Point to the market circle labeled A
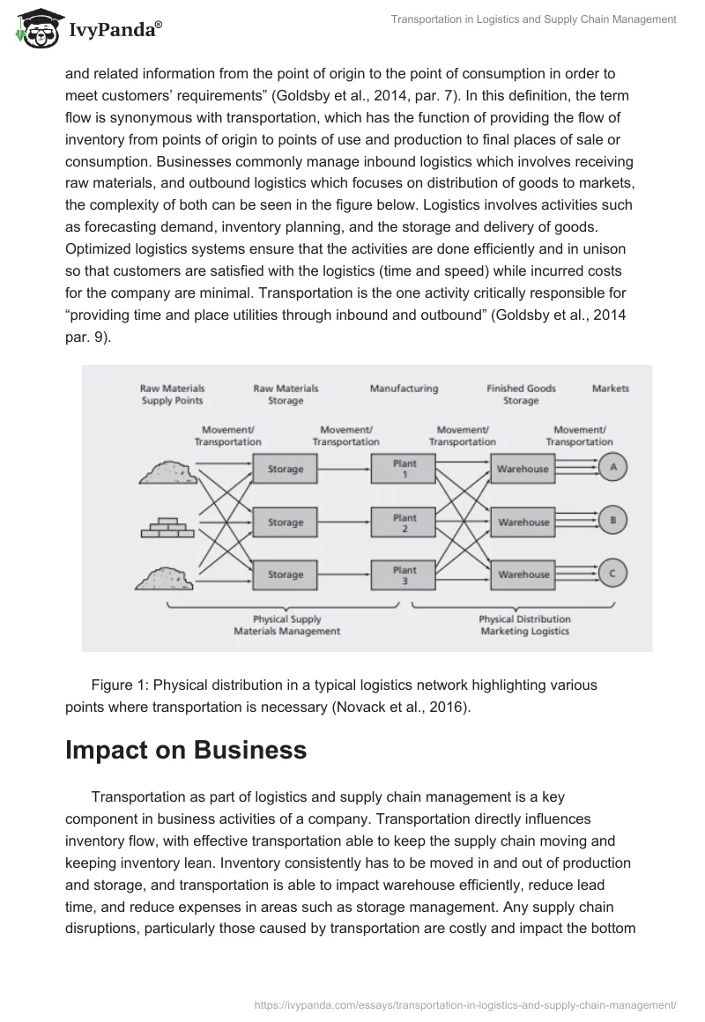click(612, 468)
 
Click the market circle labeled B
click(612, 521)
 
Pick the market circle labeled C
click(612, 574)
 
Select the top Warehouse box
click(522, 469)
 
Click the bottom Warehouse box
click(523, 574)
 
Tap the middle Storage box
click(285, 522)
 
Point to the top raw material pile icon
click(167, 472)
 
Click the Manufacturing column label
click(404, 389)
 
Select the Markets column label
click(611, 389)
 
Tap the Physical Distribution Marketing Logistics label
click(524, 625)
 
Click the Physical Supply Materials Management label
click(286, 625)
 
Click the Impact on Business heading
click(186, 750)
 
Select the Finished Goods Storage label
click(521, 394)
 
